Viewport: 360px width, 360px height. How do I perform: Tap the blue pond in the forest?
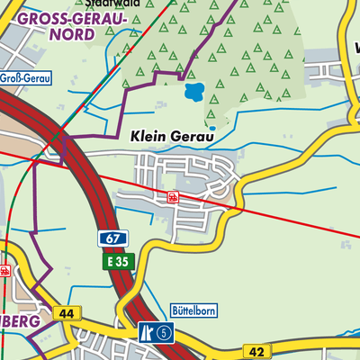point(193,92)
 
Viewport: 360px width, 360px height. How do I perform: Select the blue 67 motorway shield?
point(109,239)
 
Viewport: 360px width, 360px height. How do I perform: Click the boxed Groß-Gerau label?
point(25,78)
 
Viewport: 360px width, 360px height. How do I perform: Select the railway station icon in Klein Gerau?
point(172,195)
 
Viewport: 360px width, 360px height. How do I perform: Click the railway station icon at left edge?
point(4,270)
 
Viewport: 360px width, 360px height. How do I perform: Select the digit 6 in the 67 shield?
point(105,239)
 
